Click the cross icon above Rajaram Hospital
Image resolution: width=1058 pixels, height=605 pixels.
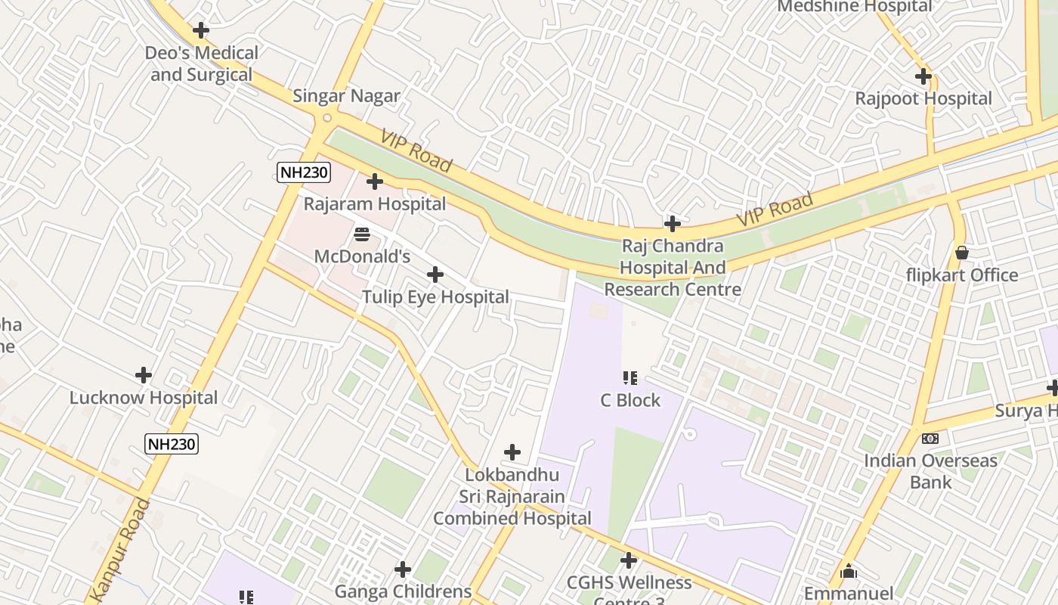click(x=375, y=181)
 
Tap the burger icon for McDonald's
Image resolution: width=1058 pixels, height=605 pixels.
click(x=362, y=234)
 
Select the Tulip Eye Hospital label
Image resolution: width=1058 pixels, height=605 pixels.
click(x=435, y=297)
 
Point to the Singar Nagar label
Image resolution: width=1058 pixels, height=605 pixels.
click(x=346, y=96)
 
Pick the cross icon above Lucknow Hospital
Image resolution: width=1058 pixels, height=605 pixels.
click(x=144, y=375)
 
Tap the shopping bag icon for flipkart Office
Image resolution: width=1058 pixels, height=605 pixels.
click(x=962, y=253)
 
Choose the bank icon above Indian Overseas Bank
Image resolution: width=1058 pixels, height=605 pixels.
click(x=930, y=439)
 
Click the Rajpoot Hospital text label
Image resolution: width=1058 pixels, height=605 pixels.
click(x=923, y=98)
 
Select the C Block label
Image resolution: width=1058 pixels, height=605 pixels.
click(x=630, y=400)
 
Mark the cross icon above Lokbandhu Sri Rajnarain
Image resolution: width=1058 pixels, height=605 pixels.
click(x=512, y=452)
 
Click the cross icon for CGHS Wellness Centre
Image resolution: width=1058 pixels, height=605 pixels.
click(x=628, y=560)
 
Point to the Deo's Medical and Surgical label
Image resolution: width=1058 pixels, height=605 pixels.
click(x=202, y=64)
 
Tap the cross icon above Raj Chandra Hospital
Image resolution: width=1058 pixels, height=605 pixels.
click(x=672, y=224)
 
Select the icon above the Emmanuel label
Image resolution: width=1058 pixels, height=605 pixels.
click(x=849, y=571)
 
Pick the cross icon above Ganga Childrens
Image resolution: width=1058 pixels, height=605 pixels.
click(x=403, y=569)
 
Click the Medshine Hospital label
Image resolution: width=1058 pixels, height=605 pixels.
click(x=855, y=7)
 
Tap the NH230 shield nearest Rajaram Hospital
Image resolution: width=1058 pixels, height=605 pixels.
click(x=304, y=172)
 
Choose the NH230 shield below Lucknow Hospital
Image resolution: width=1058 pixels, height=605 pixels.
click(x=172, y=444)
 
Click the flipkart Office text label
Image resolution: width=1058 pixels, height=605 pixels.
click(x=962, y=275)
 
